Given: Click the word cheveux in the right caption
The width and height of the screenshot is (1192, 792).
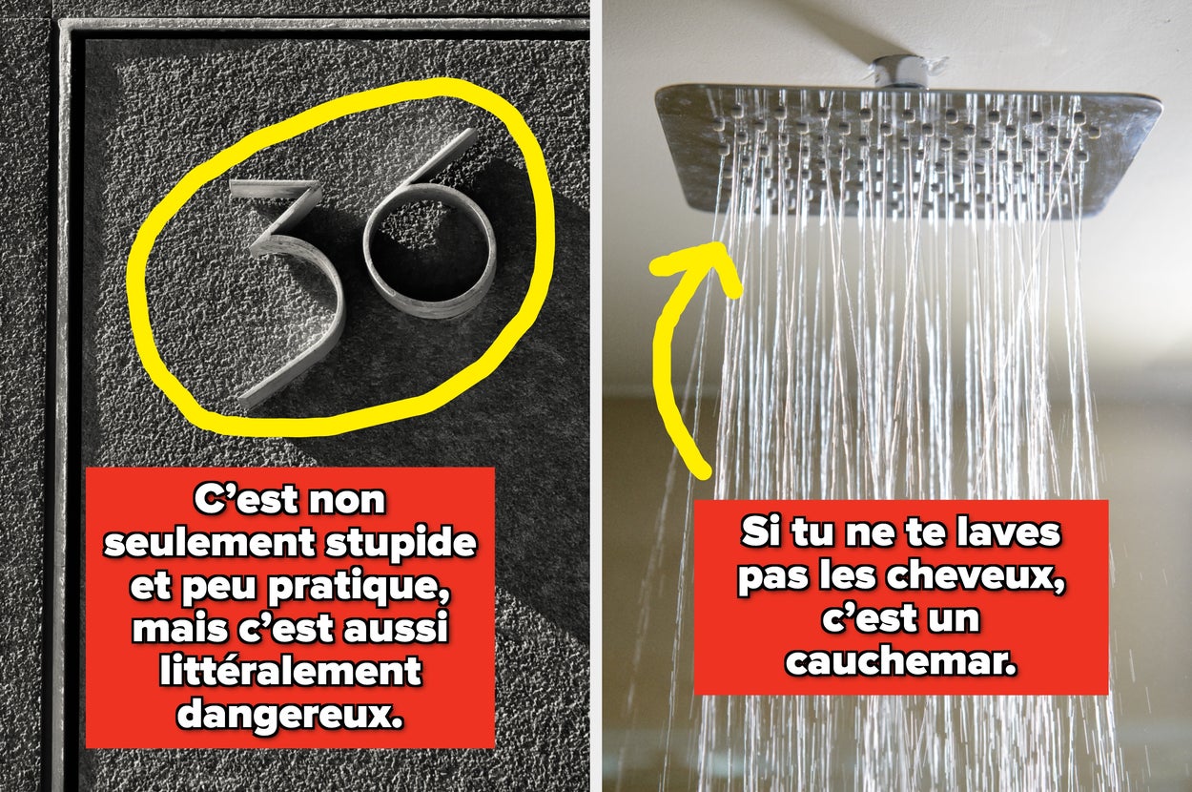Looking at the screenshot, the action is (976, 576).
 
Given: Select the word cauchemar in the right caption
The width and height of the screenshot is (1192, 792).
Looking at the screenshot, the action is (901, 661).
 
